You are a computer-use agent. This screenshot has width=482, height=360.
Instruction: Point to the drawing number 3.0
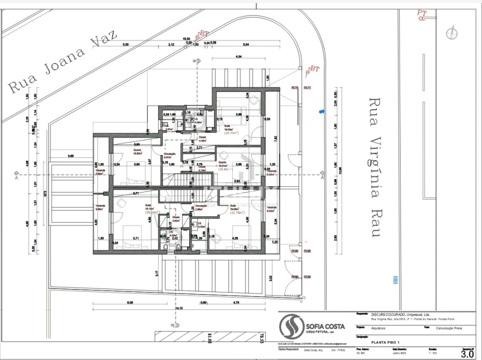pyautogui.click(x=466, y=354)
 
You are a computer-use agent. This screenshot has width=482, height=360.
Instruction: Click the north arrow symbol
pyautogui.click(x=452, y=33)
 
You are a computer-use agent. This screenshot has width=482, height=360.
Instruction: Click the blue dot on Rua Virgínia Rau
pyautogui.click(x=322, y=111)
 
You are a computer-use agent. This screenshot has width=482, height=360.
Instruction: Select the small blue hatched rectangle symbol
pyautogui.click(x=395, y=280)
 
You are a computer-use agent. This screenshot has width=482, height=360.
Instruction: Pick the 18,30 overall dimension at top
pyautogui.click(x=186, y=39)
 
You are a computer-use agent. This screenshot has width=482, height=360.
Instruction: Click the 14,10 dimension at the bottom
pyautogui.click(x=178, y=308)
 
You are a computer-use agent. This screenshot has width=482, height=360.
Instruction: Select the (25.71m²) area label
pyautogui.click(x=230, y=133)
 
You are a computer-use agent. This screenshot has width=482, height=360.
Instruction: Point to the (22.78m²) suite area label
pyautogui.click(x=237, y=212)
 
